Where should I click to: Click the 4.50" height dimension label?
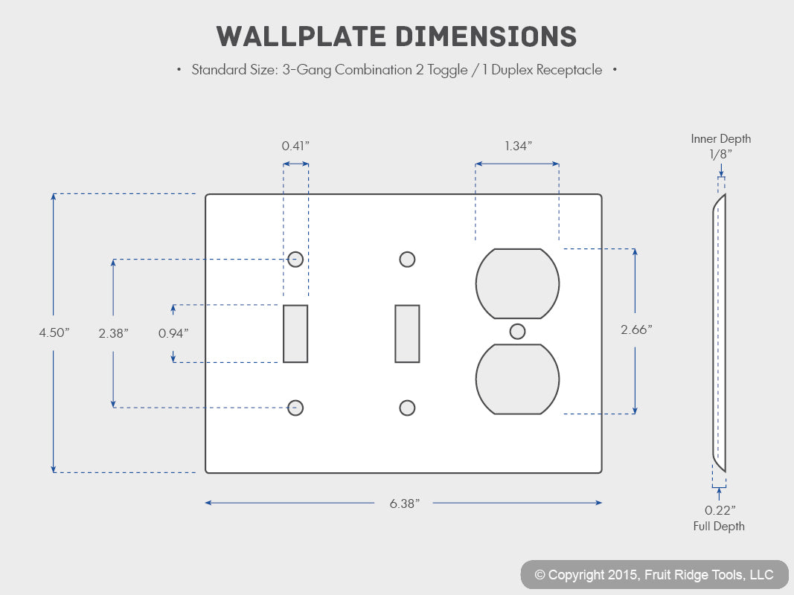(x=54, y=332)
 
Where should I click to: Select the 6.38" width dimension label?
(x=405, y=504)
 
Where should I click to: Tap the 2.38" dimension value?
(x=113, y=333)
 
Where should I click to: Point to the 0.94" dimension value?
(x=173, y=333)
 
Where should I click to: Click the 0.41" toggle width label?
(x=295, y=146)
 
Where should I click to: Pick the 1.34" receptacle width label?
(x=518, y=146)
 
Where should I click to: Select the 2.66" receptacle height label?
(x=636, y=330)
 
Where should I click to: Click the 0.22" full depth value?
(x=720, y=510)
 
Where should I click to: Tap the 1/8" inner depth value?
(x=720, y=154)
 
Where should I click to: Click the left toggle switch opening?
(x=295, y=333)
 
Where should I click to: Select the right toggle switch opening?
(x=407, y=333)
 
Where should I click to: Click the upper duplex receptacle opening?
(x=517, y=283)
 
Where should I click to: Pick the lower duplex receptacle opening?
(x=517, y=379)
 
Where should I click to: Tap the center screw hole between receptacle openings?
(x=517, y=332)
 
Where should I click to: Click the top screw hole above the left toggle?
(x=295, y=260)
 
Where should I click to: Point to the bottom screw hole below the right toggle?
(x=407, y=408)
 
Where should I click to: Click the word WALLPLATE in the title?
(x=301, y=36)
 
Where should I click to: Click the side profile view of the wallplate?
(x=719, y=333)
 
